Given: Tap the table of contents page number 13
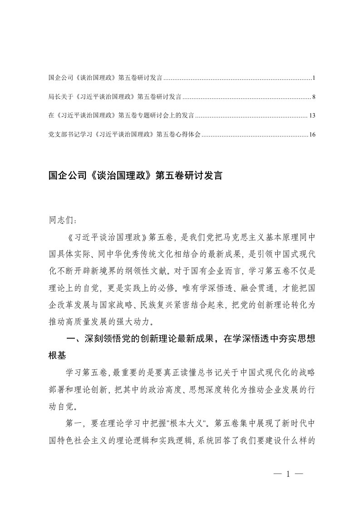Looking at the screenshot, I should pos(311,116).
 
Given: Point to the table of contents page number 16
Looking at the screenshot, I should pos(311,135).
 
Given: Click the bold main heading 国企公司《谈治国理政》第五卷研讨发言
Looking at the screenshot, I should pos(135,176).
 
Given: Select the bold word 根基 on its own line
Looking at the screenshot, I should pos(58,356).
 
